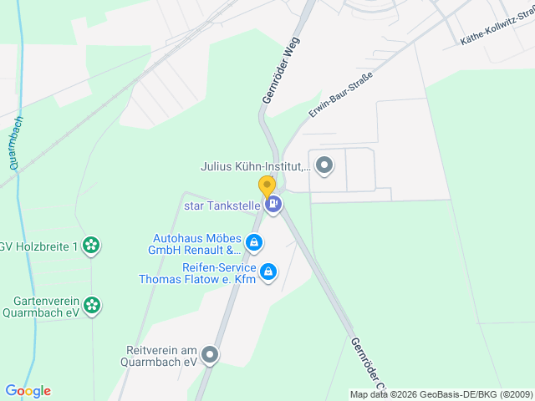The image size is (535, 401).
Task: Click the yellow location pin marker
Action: [x=267, y=186]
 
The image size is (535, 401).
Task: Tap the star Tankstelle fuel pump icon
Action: [x=273, y=203]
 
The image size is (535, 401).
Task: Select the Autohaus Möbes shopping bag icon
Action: [x=254, y=243]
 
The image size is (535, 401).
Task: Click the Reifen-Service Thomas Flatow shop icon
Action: [x=268, y=272]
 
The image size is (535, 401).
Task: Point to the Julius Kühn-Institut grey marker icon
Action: [x=324, y=165]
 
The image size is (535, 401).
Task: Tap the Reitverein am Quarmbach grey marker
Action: [x=210, y=356]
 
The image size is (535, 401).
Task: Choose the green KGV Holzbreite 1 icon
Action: [x=92, y=246]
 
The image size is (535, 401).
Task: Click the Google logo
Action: [x=28, y=391]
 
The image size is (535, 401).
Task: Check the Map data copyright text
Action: [x=441, y=394]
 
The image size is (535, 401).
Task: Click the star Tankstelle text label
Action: [x=222, y=204]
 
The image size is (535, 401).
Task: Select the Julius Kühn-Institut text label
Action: [x=255, y=166]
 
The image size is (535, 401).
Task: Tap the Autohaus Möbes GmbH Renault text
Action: [x=195, y=243]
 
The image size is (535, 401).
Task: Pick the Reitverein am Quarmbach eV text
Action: [x=160, y=356]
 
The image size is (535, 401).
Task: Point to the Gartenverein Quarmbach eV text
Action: [x=47, y=307]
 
